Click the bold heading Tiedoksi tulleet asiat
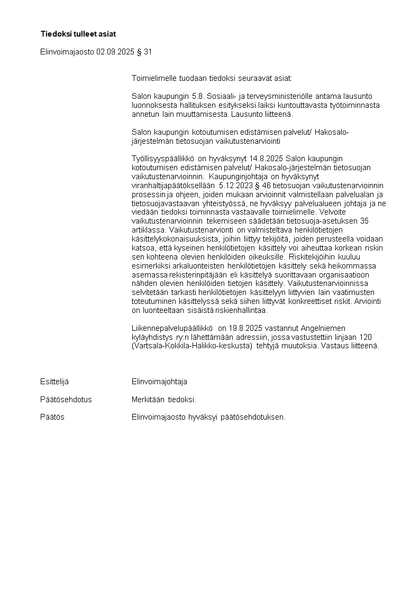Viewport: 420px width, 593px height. pyautogui.click(x=78, y=34)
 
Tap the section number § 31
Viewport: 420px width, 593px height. pyautogui.click(x=148, y=52)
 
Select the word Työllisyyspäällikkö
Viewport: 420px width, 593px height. pyautogui.click(x=163, y=159)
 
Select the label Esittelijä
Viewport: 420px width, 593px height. pyautogui.click(x=54, y=382)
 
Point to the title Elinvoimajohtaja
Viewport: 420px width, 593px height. pyautogui.click(x=159, y=382)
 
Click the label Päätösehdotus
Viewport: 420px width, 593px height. pyautogui.click(x=66, y=400)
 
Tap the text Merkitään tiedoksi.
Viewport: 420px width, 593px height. pyautogui.click(x=164, y=400)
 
